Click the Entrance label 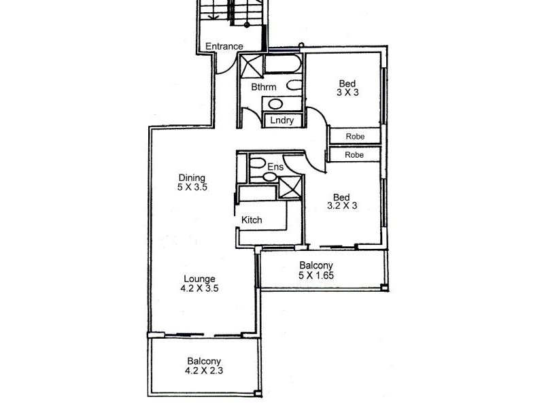point(224,46)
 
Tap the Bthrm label point(262,87)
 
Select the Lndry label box point(282,120)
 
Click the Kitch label point(252,220)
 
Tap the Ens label point(275,167)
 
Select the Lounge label point(200,278)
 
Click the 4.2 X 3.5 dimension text point(200,288)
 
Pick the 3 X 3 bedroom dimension point(347,93)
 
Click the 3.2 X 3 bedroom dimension point(342,207)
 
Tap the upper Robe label point(355,137)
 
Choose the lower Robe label point(355,155)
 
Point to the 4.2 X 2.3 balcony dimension point(203,371)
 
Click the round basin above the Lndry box point(275,104)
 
